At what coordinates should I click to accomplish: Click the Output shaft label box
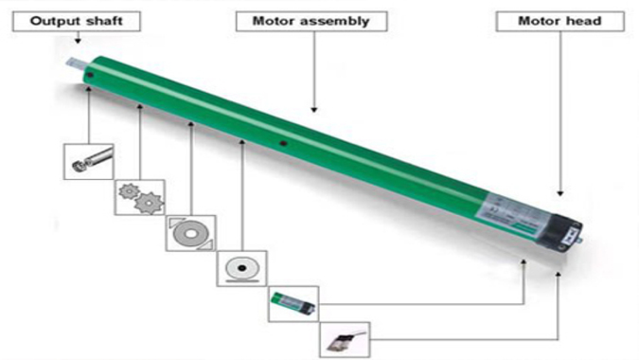point(77,22)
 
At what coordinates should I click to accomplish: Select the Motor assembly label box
point(311,22)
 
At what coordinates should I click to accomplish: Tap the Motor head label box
point(559,22)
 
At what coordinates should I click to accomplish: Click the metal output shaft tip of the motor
point(78,64)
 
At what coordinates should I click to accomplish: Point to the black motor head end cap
point(564,233)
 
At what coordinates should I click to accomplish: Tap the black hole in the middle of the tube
point(284,143)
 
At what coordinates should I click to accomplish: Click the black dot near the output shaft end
point(90,76)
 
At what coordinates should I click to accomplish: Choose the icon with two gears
point(139,197)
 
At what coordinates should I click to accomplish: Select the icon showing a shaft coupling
point(88,162)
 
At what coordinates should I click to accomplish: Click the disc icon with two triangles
point(190,233)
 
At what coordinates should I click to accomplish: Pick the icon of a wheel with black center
point(242,269)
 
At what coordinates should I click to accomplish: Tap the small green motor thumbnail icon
point(293,304)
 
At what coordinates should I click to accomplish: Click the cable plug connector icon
point(345,339)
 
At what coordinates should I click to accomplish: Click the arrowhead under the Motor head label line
point(560,193)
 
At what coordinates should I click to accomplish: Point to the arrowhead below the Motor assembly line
point(313,110)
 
